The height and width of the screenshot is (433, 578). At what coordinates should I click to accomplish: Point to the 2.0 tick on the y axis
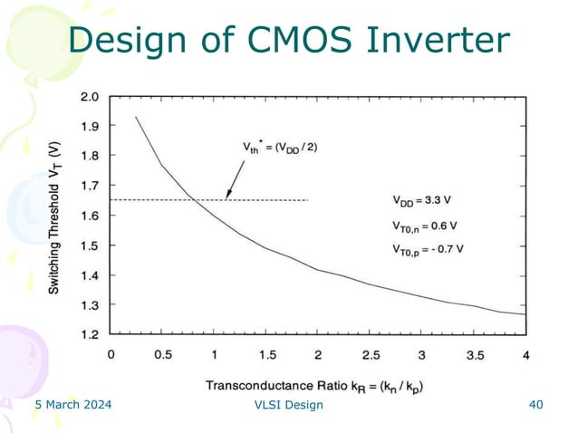92,97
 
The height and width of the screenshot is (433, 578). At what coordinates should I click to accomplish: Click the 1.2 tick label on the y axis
92,334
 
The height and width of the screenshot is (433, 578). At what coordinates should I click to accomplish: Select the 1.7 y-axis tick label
92,186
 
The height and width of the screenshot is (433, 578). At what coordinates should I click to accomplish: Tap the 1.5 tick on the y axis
92,245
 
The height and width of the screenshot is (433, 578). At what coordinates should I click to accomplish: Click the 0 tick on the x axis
111,354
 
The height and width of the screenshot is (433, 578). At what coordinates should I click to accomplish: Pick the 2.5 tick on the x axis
370,354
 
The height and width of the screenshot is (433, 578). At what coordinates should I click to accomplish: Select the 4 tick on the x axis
525,354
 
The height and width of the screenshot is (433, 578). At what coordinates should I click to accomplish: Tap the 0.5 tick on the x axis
162,354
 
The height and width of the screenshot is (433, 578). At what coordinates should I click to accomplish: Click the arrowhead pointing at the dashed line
227,196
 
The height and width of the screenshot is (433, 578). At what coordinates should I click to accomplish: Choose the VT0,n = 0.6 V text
425,224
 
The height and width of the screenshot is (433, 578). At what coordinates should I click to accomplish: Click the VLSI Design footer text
289,405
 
